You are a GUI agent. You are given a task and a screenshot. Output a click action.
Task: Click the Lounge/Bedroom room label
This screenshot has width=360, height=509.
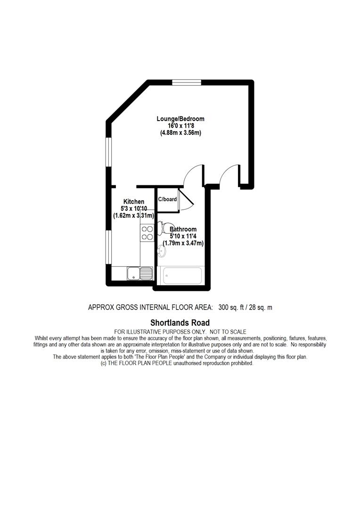coord(180,119)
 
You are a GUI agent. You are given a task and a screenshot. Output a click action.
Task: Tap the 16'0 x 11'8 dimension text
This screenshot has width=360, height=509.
coord(180,126)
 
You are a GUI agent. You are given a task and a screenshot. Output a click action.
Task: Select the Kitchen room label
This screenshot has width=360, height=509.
coord(134,202)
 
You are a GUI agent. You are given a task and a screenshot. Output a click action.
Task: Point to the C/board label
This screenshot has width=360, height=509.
coord(168,199)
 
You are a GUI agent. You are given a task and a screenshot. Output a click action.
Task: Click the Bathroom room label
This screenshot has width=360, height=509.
coord(183,230)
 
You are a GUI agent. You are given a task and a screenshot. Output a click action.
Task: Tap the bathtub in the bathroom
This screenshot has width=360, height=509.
coord(182,276)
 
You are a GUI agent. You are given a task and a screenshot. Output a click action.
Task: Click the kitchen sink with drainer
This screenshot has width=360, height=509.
coord(139,272)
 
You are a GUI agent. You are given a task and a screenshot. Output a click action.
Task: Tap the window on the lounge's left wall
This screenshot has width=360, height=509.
coord(108,152)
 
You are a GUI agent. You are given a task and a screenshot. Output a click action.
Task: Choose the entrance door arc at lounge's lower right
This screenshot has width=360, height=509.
coord(230,174)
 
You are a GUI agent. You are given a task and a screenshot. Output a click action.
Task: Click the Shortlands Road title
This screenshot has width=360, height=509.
coord(180,323)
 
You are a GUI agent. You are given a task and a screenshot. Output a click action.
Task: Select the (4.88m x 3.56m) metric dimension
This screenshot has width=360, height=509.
coord(180,133)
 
